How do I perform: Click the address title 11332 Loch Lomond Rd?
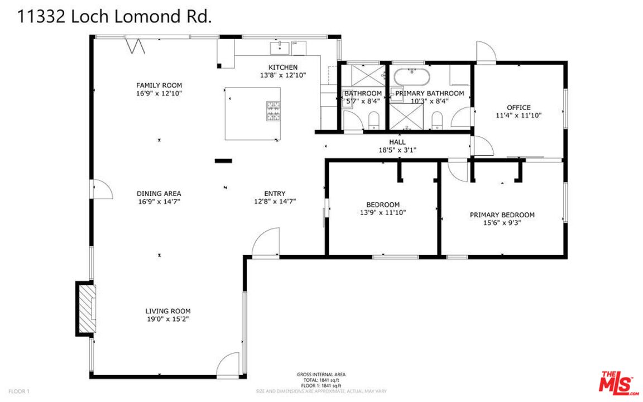tap(115, 17)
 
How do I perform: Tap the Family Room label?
tap(159, 85)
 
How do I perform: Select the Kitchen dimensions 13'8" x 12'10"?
tap(283, 75)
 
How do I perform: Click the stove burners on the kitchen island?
tap(273, 111)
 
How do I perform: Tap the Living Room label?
tap(168, 311)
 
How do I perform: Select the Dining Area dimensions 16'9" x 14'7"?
tap(159, 202)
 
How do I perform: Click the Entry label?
tap(274, 194)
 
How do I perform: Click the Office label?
tap(519, 107)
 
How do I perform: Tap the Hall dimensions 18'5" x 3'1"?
tap(397, 150)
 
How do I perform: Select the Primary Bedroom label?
tap(502, 214)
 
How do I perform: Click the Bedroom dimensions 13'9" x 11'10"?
tap(382, 212)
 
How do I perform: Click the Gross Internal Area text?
tap(321, 374)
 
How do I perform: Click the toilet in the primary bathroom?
tap(438, 119)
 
